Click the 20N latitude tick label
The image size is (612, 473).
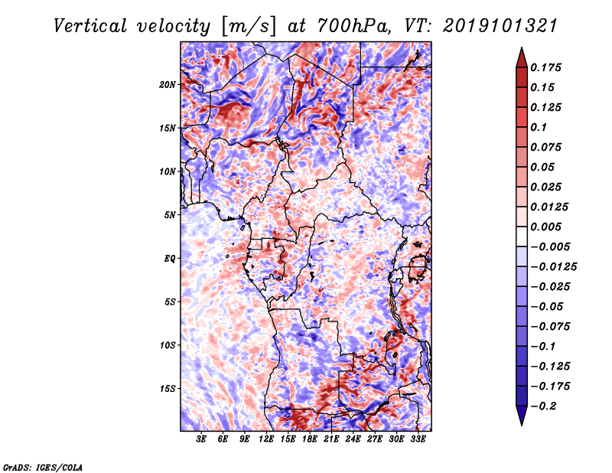click(x=168, y=84)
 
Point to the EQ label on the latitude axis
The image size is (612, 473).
click(x=170, y=259)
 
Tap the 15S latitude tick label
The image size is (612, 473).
click(x=168, y=389)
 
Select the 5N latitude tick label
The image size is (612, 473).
click(x=170, y=215)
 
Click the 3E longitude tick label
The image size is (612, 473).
click(x=201, y=440)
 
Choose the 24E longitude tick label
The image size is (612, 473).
click(x=353, y=440)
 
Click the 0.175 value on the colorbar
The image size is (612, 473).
click(x=546, y=67)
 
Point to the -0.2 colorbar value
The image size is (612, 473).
click(x=546, y=406)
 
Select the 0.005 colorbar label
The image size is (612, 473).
click(x=546, y=227)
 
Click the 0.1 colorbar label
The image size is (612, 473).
click(x=539, y=127)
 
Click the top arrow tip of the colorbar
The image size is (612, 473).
click(x=521, y=49)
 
